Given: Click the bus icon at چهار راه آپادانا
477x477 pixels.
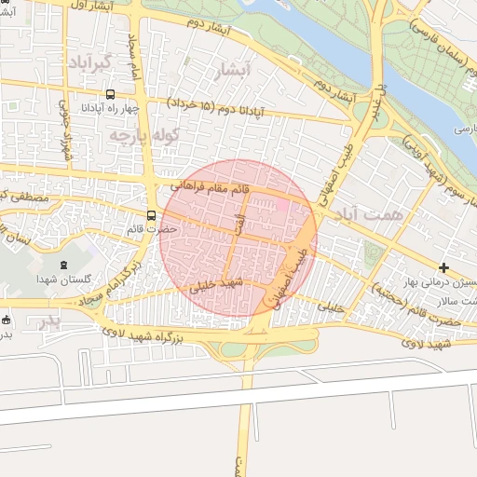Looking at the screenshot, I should (x=111, y=94).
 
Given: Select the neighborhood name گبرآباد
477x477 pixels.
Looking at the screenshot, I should (x=90, y=63).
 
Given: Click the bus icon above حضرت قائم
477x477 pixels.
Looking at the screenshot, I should (x=152, y=215).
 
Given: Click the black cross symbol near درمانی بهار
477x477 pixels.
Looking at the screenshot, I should (x=444, y=267).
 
